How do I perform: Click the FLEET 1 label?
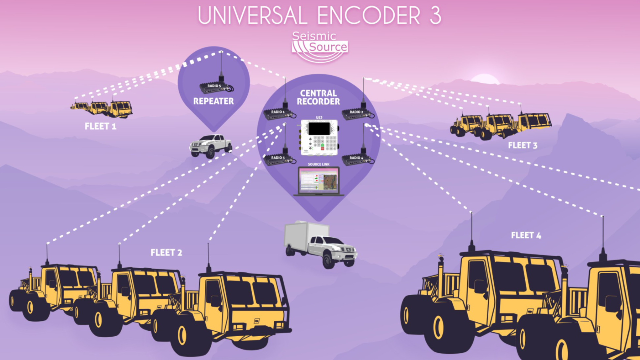click(x=100, y=126)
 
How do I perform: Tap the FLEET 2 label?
click(x=166, y=253)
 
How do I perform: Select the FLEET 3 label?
click(x=523, y=145)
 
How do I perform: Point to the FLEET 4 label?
click(x=526, y=235)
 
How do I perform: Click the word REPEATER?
click(x=213, y=101)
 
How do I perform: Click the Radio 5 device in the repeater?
click(x=215, y=87)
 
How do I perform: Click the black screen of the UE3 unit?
click(x=319, y=129)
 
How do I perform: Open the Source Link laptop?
click(x=319, y=181)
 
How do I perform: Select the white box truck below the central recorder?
click(x=319, y=244)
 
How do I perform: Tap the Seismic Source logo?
click(x=319, y=46)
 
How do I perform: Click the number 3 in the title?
click(x=435, y=15)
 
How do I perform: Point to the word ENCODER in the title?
click(x=369, y=15)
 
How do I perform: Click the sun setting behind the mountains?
click(x=485, y=79)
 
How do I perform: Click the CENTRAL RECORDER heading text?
click(x=318, y=97)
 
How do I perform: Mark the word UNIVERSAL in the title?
click(x=252, y=15)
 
